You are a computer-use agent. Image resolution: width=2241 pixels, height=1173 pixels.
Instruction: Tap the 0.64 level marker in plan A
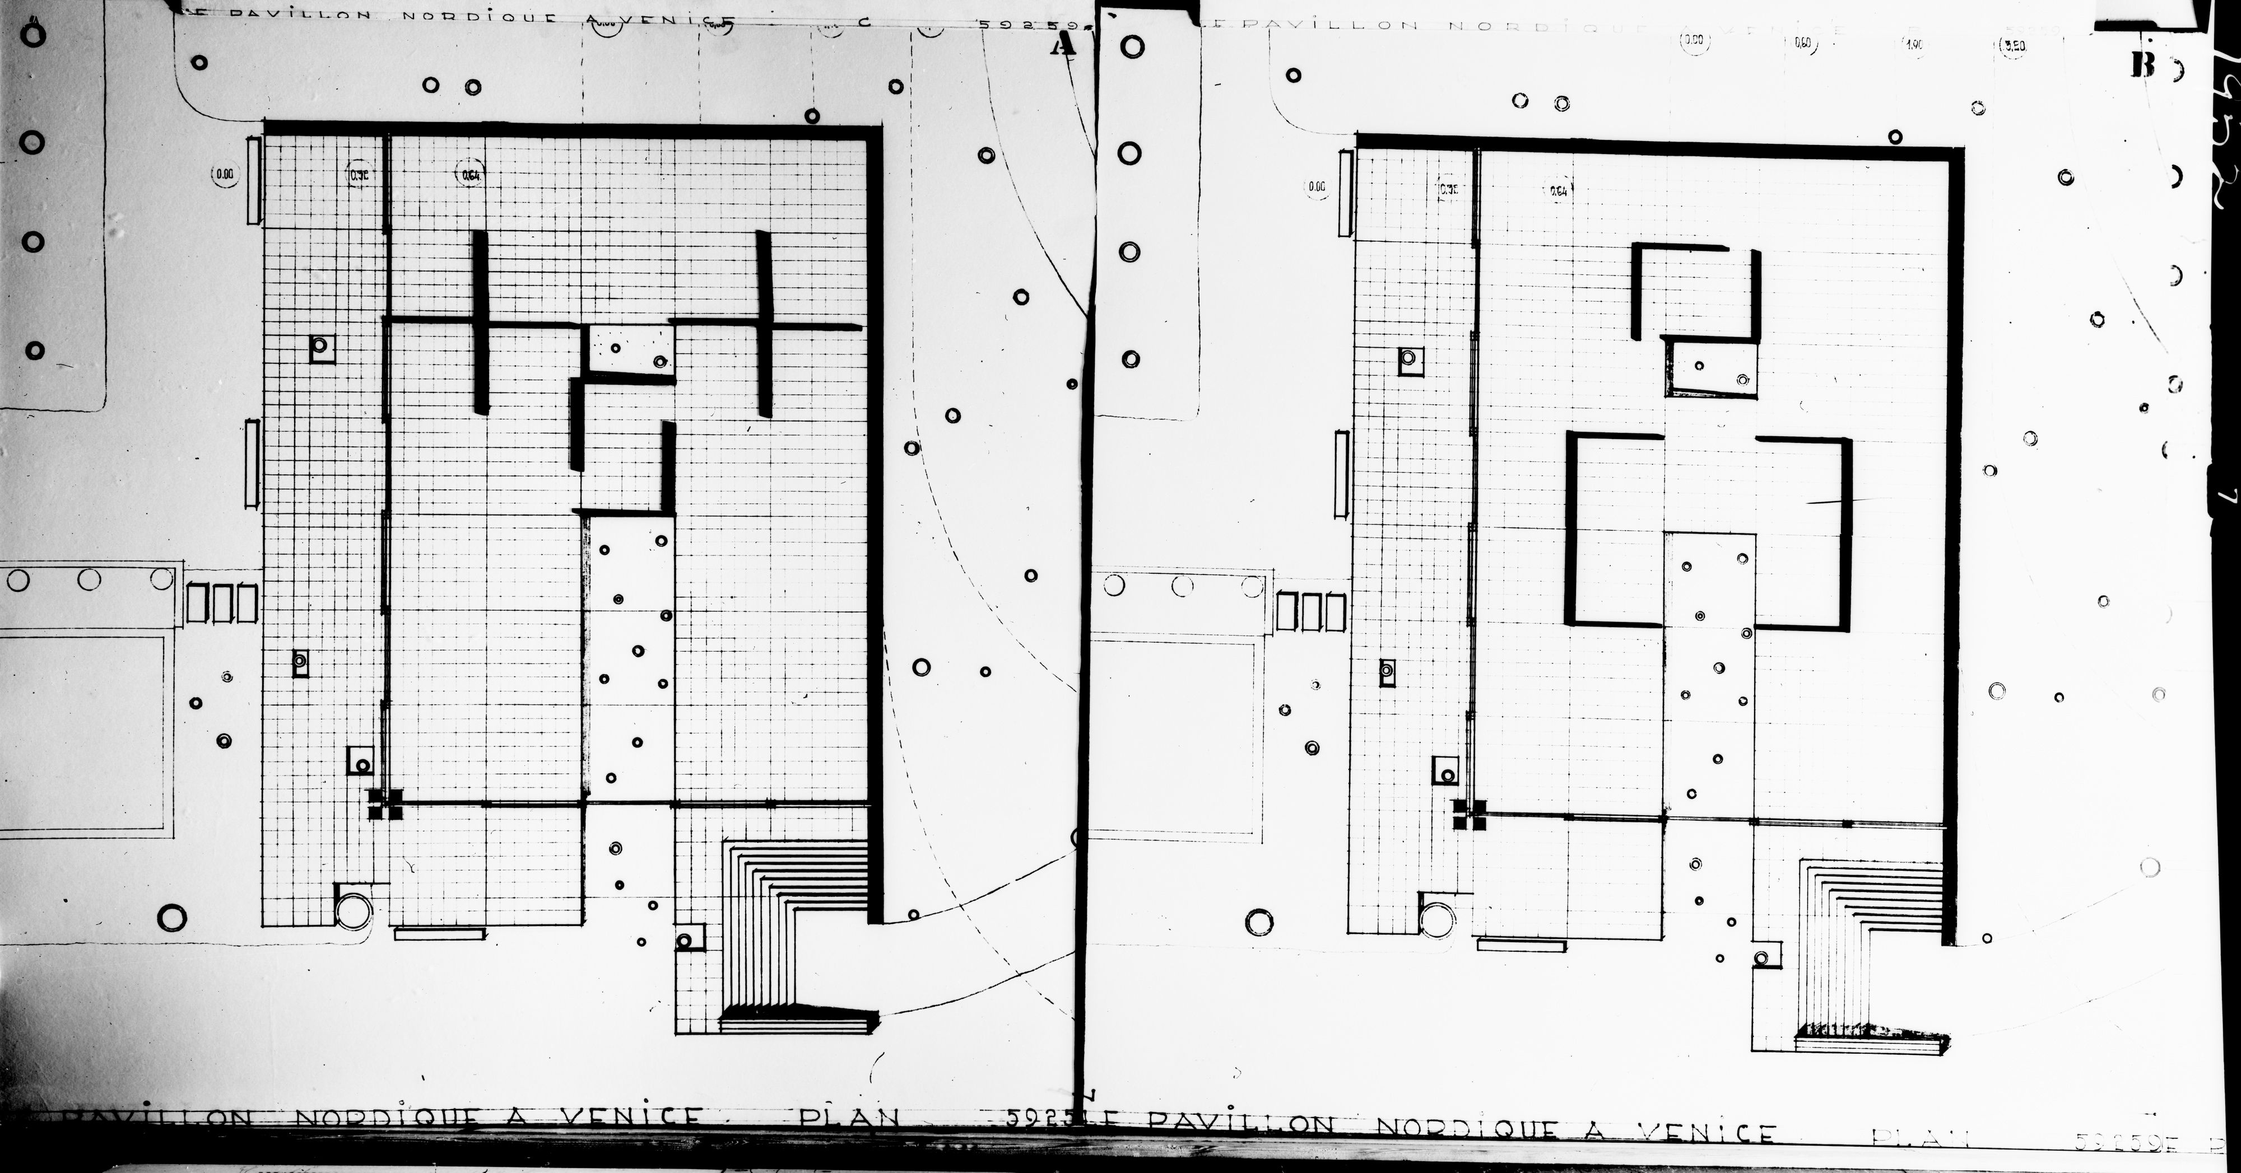(471, 175)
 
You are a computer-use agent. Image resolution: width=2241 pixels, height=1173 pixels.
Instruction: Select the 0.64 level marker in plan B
(1558, 190)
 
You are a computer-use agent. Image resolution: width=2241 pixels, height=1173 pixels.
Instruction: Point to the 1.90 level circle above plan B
(1915, 45)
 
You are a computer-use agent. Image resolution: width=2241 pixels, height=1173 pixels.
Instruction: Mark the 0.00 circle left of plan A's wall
(225, 174)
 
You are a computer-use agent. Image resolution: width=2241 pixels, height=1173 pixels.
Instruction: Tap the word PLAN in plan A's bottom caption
(848, 1119)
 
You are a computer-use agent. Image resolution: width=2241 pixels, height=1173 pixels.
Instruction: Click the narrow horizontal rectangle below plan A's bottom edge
(439, 933)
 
